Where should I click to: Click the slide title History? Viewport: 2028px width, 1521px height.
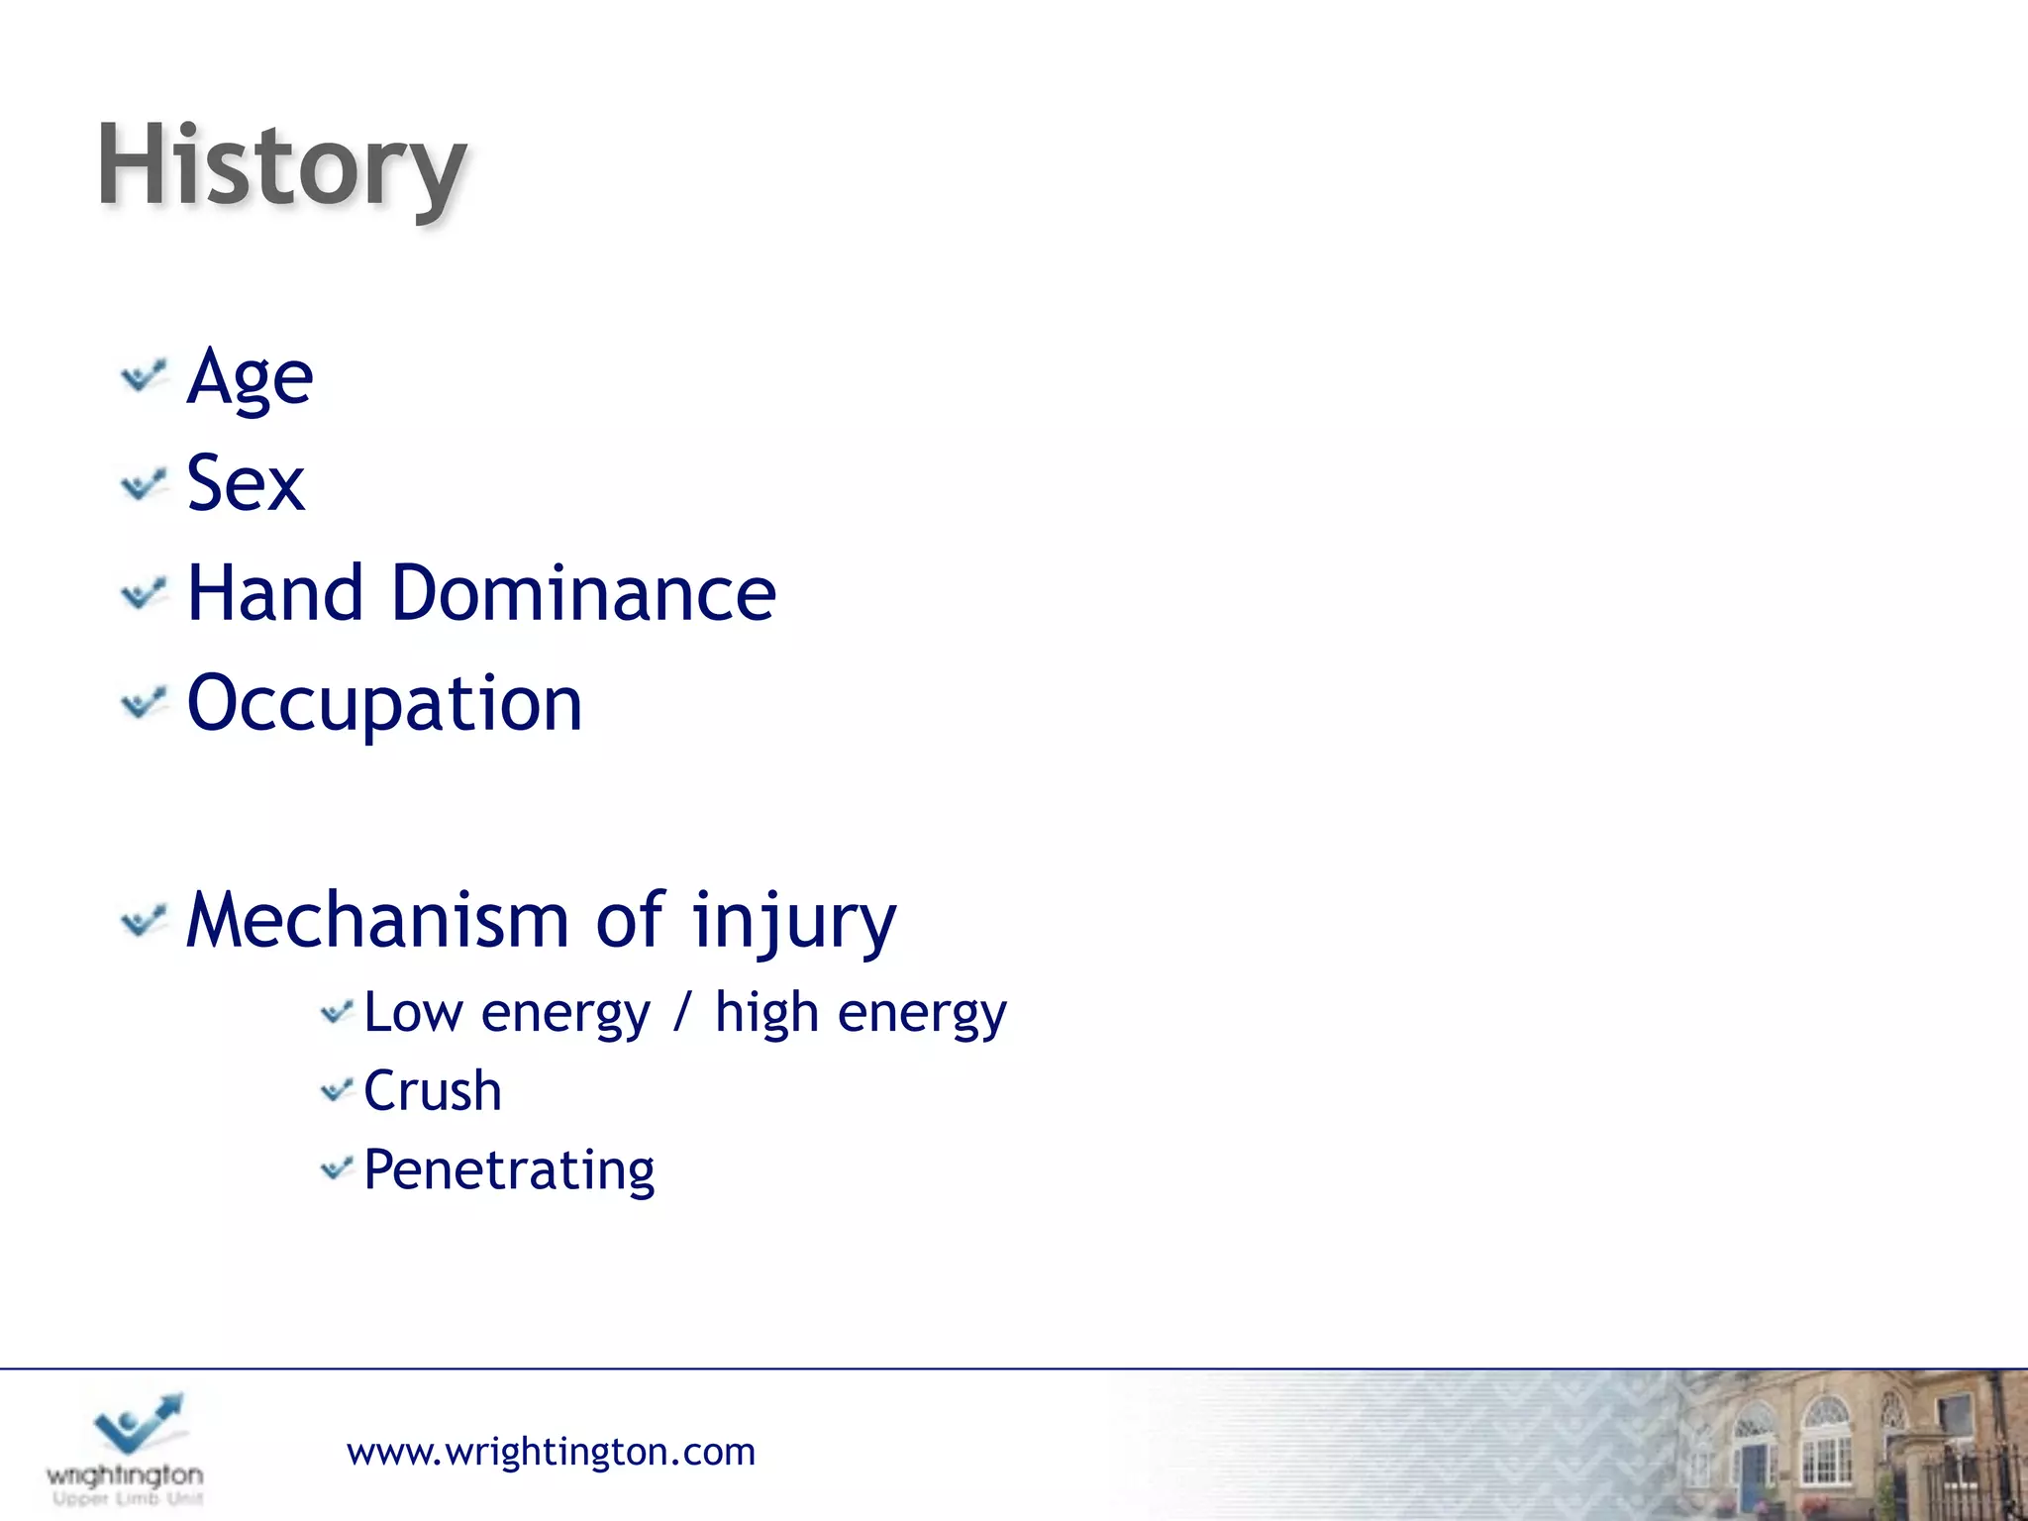coord(281,166)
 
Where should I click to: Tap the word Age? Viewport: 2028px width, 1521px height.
coord(250,378)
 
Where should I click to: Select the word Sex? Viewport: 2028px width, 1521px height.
coord(246,484)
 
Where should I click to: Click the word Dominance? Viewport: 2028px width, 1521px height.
coord(583,594)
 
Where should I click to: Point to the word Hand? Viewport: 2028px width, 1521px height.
coord(275,594)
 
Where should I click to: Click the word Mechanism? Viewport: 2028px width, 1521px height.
coord(377,921)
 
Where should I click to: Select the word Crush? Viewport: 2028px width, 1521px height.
coord(433,1091)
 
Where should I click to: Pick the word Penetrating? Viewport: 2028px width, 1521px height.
coord(509,1171)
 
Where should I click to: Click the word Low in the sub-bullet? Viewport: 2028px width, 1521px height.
coord(413,1013)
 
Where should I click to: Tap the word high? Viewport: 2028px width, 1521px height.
coord(766,1015)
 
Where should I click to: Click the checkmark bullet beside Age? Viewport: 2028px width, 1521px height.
coord(144,377)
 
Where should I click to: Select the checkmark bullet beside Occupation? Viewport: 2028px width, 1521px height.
coord(144,703)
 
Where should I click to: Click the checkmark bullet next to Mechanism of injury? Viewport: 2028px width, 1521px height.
coord(144,921)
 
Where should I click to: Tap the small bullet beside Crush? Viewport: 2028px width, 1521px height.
coord(337,1091)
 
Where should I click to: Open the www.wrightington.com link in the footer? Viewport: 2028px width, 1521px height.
coord(551,1452)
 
